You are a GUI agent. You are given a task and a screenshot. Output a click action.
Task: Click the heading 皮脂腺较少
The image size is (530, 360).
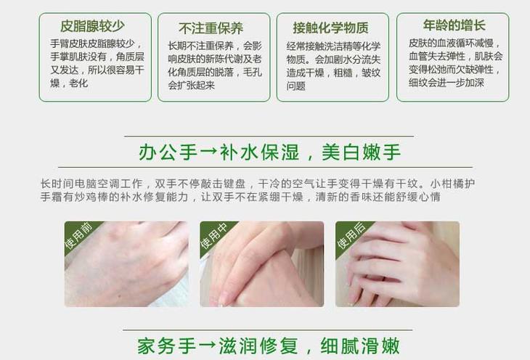tap(92, 26)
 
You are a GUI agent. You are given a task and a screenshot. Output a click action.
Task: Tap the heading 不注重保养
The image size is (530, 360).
tap(211, 28)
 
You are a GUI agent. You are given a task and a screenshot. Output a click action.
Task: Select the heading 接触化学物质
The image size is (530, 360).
tap(330, 28)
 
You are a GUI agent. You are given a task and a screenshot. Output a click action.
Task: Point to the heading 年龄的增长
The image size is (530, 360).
tap(454, 25)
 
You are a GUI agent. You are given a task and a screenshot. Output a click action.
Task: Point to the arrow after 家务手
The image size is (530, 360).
tap(208, 345)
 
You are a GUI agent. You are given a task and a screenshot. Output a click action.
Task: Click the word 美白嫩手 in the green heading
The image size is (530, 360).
tap(362, 152)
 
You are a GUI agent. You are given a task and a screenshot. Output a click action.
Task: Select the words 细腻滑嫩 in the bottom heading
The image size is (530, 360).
tap(360, 345)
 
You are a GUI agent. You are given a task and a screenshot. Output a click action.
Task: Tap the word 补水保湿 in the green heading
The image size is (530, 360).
tap(260, 152)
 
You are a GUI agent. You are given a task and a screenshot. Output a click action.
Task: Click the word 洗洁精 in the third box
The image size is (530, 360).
tap(346, 46)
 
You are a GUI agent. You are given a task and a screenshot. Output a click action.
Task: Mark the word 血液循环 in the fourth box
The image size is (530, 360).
tap(456, 44)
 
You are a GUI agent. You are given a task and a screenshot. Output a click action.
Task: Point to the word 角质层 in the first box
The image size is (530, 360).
tap(130, 57)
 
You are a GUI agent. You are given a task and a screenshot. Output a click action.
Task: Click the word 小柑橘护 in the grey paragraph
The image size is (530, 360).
tap(452, 184)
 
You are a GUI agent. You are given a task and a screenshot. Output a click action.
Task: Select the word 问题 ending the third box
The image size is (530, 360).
tap(296, 86)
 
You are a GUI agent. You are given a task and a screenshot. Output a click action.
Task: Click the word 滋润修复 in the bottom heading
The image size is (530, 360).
tap(258, 345)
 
